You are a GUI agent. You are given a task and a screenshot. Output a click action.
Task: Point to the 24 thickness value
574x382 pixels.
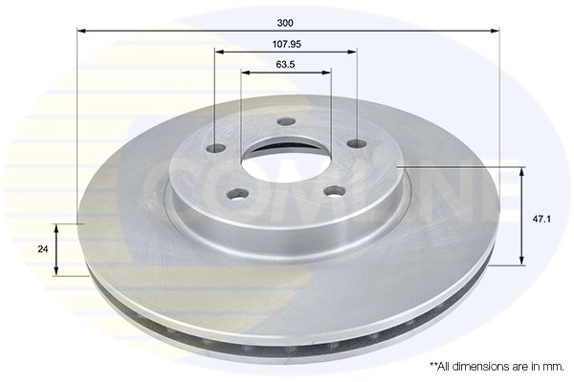42,249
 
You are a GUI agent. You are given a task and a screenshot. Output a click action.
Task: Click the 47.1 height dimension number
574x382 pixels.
540,219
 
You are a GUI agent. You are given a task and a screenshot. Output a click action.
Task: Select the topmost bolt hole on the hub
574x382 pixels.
285,121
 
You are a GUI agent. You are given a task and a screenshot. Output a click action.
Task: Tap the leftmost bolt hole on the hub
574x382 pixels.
216,148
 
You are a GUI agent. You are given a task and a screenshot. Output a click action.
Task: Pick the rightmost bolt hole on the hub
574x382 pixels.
356,144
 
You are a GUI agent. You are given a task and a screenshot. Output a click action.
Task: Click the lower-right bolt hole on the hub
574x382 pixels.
332,191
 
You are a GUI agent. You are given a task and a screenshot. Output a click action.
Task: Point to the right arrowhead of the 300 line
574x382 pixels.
497,31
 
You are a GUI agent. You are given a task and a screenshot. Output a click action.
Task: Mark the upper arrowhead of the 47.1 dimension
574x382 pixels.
522,171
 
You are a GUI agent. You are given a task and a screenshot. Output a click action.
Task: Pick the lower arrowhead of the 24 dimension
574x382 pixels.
56,271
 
